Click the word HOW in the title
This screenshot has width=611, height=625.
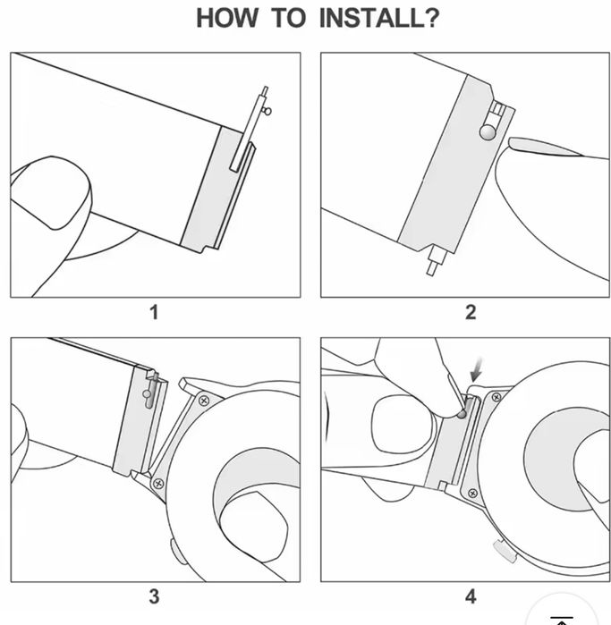pos(227,18)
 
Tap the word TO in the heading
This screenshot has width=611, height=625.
pos(288,18)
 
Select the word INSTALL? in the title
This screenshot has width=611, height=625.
pos(379,18)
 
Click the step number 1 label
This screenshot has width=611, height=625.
pos(155,312)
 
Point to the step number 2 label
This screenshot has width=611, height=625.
pos(471,312)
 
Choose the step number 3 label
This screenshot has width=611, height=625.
pos(155,596)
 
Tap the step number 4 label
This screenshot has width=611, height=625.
pos(471,596)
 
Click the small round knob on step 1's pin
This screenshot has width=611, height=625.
pos(267,111)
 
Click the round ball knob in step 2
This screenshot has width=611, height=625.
pos(488,132)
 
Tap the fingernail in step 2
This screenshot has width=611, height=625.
pos(547,147)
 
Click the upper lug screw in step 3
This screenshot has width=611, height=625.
pos(204,401)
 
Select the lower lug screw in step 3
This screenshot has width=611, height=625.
pos(158,484)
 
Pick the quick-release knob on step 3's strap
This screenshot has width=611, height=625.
pos(147,393)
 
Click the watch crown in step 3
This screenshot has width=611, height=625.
pos(175,551)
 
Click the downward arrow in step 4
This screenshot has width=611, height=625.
pos(477,369)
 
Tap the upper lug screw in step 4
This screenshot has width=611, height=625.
pos(496,397)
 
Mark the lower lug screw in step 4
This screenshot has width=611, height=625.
pos(472,494)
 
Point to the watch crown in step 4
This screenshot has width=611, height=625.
pos(505,551)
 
